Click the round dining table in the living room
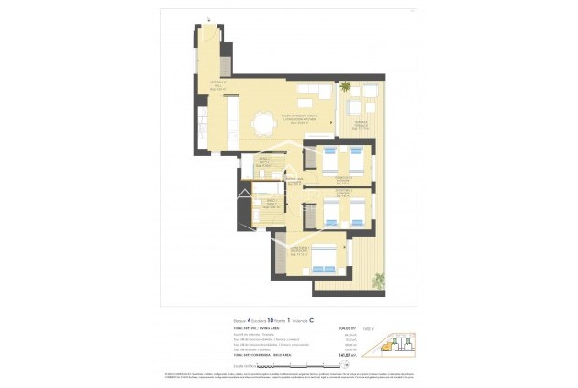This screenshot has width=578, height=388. (x=266, y=121)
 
